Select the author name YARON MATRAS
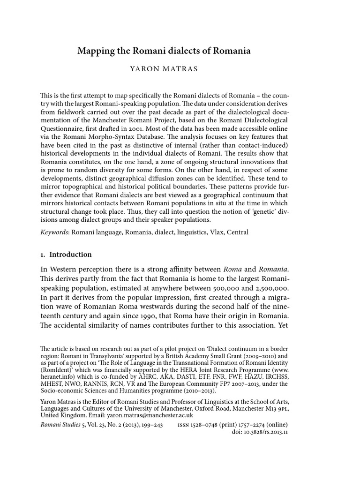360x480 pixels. point(164,69)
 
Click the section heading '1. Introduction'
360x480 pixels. point(66,255)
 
